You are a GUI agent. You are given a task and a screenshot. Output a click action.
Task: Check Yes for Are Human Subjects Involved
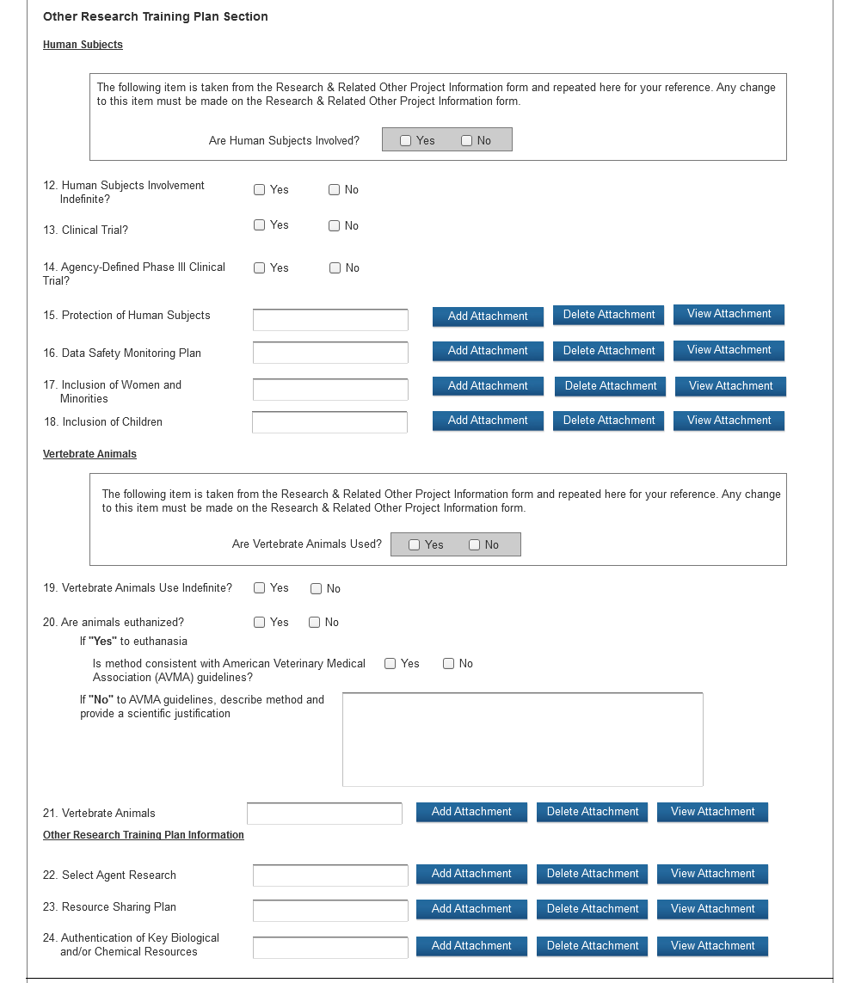[406, 141]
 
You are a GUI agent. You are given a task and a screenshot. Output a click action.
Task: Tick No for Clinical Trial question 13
[334, 226]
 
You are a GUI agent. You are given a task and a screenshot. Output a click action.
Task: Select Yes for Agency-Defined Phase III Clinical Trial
[260, 268]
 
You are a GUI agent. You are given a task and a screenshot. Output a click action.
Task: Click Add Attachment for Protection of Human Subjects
[488, 316]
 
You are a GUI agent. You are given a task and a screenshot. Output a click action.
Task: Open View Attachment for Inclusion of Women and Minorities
[730, 386]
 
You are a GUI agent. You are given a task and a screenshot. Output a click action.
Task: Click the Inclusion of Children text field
[329, 422]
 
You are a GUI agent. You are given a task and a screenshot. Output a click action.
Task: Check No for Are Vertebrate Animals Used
[475, 545]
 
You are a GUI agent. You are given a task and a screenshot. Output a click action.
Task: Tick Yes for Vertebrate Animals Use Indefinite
[260, 588]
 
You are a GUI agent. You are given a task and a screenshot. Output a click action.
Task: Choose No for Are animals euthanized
[315, 623]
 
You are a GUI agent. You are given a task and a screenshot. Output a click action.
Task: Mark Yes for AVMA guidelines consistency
[391, 664]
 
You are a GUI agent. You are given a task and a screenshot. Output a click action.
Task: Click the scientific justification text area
[522, 739]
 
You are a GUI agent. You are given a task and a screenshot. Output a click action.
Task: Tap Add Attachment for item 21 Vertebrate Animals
[471, 812]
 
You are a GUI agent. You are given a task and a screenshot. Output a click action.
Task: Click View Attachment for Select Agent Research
[712, 874]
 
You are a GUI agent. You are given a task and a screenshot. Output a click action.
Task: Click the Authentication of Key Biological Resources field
[330, 947]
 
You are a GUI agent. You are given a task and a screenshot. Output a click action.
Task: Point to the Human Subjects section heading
[83, 45]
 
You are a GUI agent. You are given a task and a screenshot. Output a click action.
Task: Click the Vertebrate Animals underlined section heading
[89, 454]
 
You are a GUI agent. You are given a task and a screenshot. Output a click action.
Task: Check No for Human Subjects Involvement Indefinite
[335, 190]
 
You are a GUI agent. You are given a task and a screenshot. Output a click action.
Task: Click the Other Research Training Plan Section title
[155, 16]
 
